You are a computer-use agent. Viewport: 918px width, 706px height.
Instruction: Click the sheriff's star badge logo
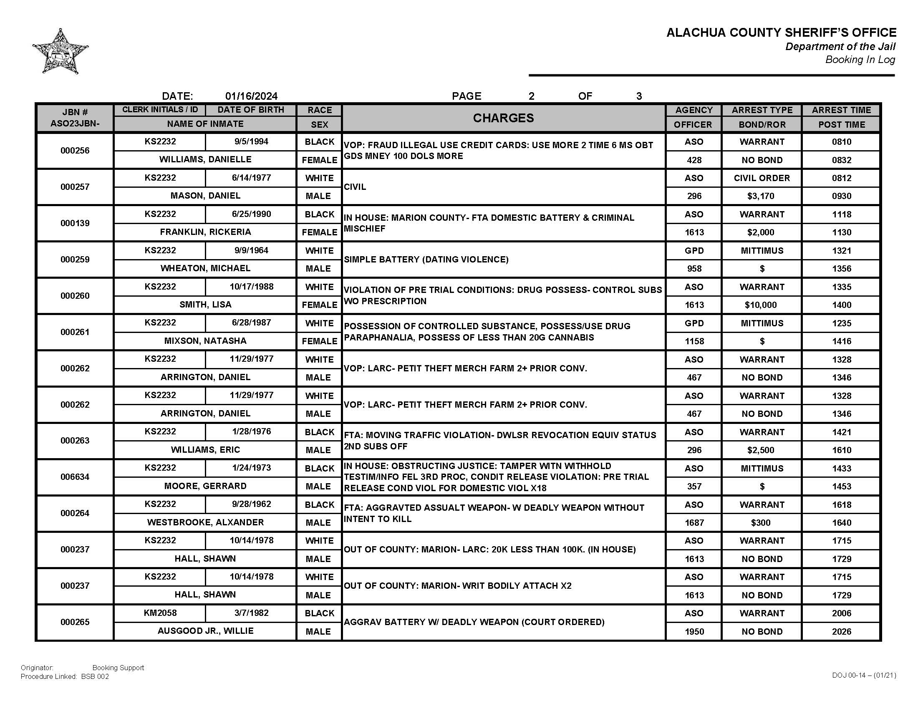point(60,52)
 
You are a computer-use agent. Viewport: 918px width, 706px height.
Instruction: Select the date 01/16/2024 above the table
point(251,96)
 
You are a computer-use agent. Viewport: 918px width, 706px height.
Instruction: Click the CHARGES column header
point(503,118)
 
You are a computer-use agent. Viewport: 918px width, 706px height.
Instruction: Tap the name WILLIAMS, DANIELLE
point(205,160)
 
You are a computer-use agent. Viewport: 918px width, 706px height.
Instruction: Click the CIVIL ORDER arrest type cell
point(761,178)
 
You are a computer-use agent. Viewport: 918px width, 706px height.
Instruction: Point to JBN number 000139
point(75,223)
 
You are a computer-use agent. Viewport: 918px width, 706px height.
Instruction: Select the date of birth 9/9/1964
point(251,250)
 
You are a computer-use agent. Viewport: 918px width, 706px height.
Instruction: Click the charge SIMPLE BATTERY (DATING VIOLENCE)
point(426,260)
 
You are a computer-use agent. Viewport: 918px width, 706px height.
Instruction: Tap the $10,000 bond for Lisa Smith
point(760,305)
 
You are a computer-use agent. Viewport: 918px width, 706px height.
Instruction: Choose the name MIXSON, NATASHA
point(205,341)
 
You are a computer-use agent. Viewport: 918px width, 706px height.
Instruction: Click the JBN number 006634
point(75,477)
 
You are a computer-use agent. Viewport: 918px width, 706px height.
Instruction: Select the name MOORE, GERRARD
point(205,486)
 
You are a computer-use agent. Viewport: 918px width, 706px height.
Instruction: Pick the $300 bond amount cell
point(760,523)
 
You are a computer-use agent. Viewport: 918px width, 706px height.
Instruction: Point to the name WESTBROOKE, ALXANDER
point(205,522)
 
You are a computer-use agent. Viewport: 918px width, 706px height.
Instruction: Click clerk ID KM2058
point(160,613)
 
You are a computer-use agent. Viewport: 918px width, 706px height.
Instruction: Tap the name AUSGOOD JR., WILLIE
point(205,631)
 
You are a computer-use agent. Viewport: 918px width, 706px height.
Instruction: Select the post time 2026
point(841,632)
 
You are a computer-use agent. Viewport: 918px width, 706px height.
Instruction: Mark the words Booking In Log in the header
point(860,60)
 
